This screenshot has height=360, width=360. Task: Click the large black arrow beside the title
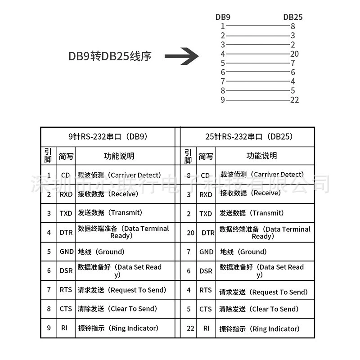(182, 56)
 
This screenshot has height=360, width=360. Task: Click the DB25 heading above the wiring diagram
(293, 17)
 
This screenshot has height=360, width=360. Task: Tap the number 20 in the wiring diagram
(294, 54)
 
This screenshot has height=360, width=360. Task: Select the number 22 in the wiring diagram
(294, 100)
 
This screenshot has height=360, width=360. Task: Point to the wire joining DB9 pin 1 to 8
(258, 26)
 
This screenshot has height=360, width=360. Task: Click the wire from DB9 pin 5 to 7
(258, 63)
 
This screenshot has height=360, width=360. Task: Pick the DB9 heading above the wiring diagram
(223, 17)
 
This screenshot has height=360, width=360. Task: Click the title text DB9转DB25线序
(110, 56)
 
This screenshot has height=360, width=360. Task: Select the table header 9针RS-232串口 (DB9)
(108, 137)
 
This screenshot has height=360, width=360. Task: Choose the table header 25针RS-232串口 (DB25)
(249, 137)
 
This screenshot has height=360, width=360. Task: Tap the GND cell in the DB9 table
(67, 252)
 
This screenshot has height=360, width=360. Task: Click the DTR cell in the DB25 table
(208, 233)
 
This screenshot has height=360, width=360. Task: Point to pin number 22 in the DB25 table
(190, 328)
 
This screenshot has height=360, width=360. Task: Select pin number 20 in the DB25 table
(190, 233)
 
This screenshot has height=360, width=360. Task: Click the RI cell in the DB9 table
(64, 328)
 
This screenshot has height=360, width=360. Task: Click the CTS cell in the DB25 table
(206, 309)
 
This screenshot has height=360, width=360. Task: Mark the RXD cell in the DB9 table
(66, 194)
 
